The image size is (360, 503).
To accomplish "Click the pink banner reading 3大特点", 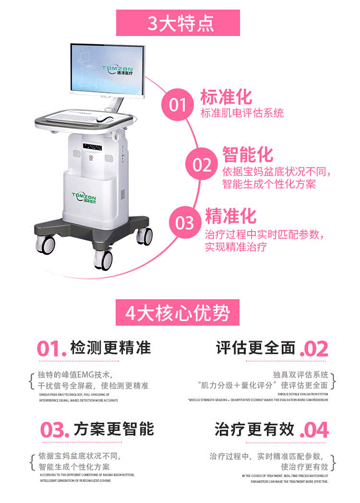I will point(180,22).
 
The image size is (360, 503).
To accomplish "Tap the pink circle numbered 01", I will point(178,104).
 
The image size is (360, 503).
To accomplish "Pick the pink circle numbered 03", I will point(185,223).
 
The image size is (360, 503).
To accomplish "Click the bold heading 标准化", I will point(226,96).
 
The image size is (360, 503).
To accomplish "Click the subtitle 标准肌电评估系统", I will point(242,113).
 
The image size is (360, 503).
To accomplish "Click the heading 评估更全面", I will point(256,348).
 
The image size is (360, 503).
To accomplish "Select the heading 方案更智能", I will point(114,429).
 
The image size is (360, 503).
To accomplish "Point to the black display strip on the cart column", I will point(92,146).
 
